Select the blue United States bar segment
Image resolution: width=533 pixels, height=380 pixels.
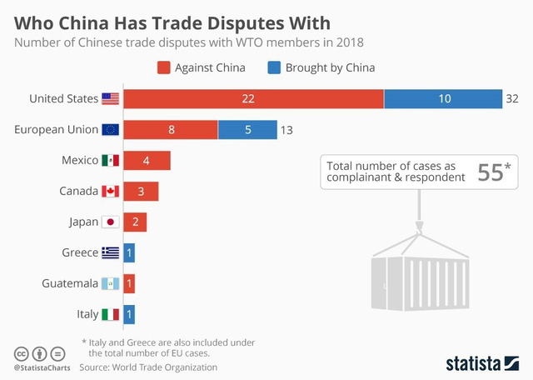(443, 99)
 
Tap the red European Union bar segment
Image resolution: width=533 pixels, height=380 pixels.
(171, 130)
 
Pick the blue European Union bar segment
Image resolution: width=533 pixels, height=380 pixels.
(247, 130)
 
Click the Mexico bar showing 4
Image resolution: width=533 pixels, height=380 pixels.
(147, 161)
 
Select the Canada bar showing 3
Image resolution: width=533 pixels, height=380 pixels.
(141, 192)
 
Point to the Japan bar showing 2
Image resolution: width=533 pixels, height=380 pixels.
(135, 222)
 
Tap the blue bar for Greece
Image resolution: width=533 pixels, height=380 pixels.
(129, 253)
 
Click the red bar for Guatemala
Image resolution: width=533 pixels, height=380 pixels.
(129, 284)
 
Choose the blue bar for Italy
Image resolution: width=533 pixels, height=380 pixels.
(129, 315)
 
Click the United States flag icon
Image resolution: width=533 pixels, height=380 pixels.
(111, 99)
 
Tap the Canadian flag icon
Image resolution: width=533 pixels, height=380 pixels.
(111, 192)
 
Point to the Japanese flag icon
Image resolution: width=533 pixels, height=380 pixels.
(111, 222)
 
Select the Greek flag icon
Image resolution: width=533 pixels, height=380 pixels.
(111, 253)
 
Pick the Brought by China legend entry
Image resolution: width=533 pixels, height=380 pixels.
(320, 67)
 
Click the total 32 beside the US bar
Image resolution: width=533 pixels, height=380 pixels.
(511, 99)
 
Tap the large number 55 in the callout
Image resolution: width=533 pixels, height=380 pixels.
(491, 172)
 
